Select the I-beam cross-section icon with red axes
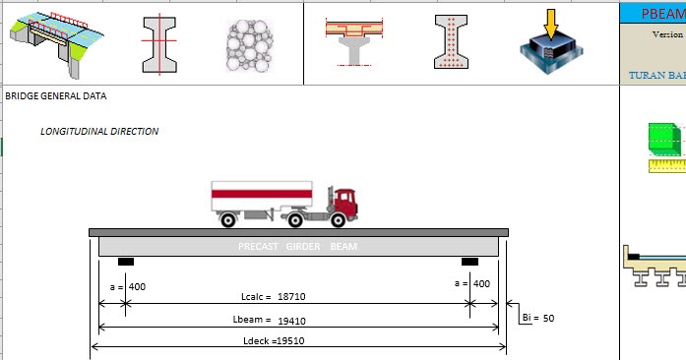click(x=158, y=43)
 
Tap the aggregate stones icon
click(x=248, y=44)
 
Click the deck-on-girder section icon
click(x=353, y=38)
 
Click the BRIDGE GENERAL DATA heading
click(x=56, y=96)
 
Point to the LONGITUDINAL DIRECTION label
click(x=99, y=131)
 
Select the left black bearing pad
click(x=126, y=262)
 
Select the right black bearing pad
click(x=470, y=262)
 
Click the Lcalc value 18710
click(x=294, y=296)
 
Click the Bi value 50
click(x=548, y=319)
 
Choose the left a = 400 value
click(x=138, y=284)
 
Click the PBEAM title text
click(x=660, y=14)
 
